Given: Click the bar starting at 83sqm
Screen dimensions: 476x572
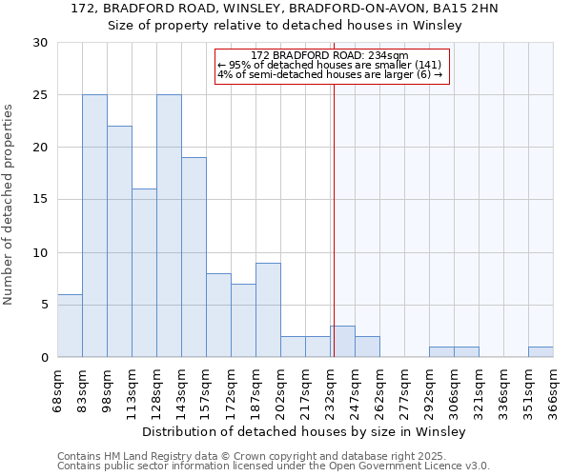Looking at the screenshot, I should [x=94, y=226].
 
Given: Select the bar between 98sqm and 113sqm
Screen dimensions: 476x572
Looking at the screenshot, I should [x=119, y=242].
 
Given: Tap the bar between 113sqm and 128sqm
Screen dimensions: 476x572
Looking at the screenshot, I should [x=144, y=273].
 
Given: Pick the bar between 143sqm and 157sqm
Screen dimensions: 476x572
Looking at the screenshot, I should [x=194, y=257].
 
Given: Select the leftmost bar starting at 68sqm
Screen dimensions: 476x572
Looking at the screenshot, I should [x=70, y=326].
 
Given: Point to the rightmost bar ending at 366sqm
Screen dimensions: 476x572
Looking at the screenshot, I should [x=541, y=352].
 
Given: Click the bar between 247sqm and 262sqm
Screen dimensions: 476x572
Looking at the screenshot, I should [x=367, y=347].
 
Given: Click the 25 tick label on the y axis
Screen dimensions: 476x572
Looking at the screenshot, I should [x=40, y=95].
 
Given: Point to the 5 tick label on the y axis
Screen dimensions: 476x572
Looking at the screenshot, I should [x=44, y=305].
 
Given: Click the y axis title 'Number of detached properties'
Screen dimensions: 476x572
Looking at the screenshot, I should [x=10, y=205].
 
